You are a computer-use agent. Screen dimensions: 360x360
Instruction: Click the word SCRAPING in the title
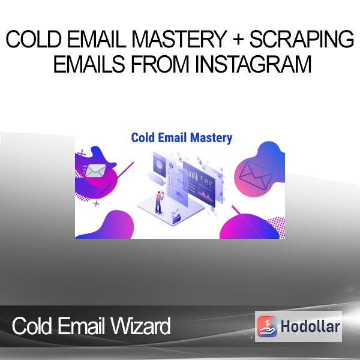pos(301,39)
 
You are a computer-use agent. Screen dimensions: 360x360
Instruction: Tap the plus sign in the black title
pos(238,39)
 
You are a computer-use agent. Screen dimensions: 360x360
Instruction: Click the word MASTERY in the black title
pos(179,39)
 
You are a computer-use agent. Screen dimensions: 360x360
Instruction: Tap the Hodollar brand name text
pos(310,326)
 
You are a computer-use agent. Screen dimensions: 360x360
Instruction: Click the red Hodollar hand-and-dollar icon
pos(267,326)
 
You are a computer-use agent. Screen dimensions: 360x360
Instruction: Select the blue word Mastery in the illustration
pos(211,138)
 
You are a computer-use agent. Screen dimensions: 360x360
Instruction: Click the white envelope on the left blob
pos(95,170)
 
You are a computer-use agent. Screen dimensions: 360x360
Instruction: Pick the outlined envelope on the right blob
pos(256,175)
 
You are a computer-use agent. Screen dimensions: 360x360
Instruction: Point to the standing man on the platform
pos(159,202)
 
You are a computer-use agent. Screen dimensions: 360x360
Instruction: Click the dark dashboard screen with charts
pos(199,183)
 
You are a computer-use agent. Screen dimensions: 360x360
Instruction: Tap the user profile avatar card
pos(159,165)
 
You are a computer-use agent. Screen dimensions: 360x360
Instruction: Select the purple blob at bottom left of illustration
pos(108,225)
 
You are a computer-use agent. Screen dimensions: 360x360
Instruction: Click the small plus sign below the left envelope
pos(96,203)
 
